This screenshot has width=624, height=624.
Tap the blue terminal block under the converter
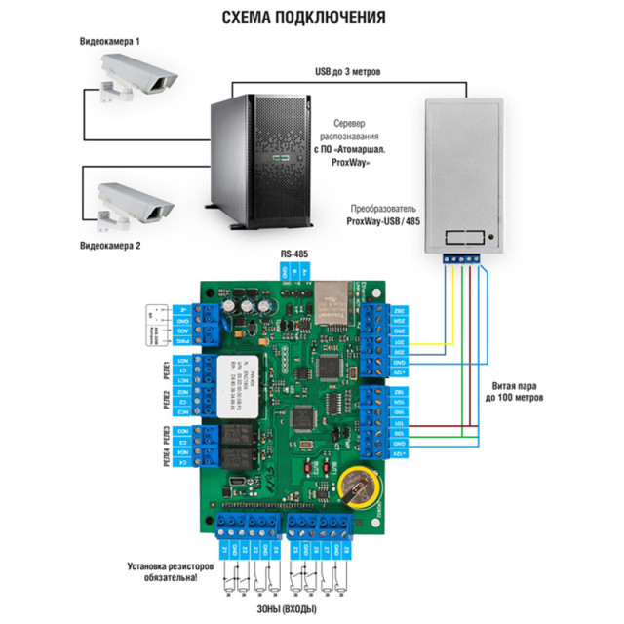click(463, 258)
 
